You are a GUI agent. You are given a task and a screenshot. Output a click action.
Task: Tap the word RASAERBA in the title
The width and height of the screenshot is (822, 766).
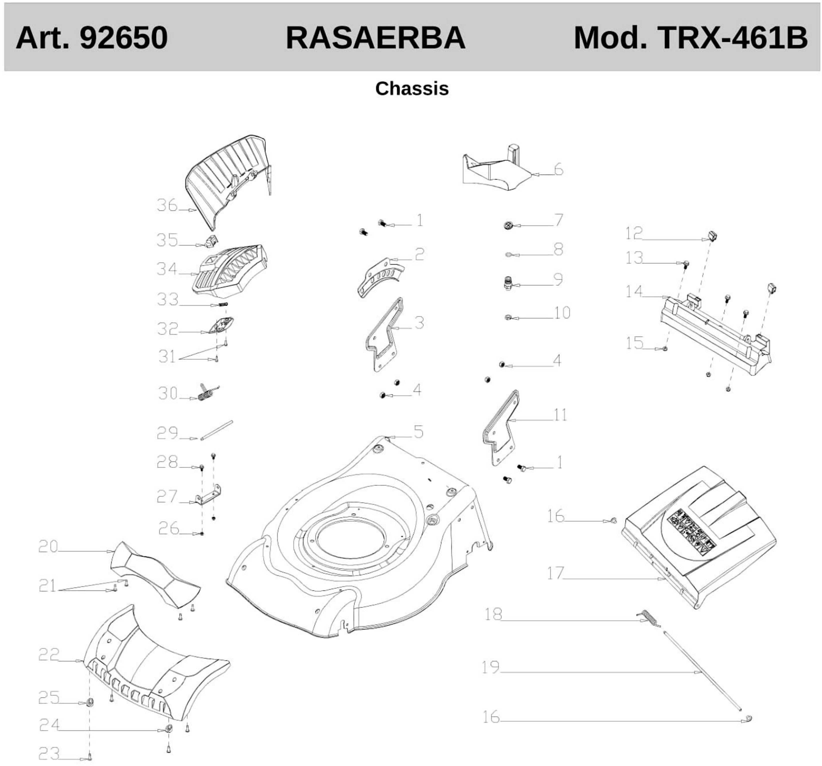coord(375,38)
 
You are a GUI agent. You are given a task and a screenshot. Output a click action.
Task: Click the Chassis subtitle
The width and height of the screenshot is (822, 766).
coord(412,88)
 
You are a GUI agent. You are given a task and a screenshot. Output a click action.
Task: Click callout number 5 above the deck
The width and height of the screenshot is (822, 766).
coord(418,432)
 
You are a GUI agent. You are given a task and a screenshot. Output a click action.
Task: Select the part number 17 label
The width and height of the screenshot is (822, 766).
coord(555,573)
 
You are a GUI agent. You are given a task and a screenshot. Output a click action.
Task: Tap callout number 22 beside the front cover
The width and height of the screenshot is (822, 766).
coord(49,654)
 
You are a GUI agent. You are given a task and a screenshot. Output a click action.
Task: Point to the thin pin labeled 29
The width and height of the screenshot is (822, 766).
coord(217,431)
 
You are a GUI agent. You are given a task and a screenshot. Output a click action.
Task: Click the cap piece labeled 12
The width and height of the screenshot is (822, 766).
coord(712,237)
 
